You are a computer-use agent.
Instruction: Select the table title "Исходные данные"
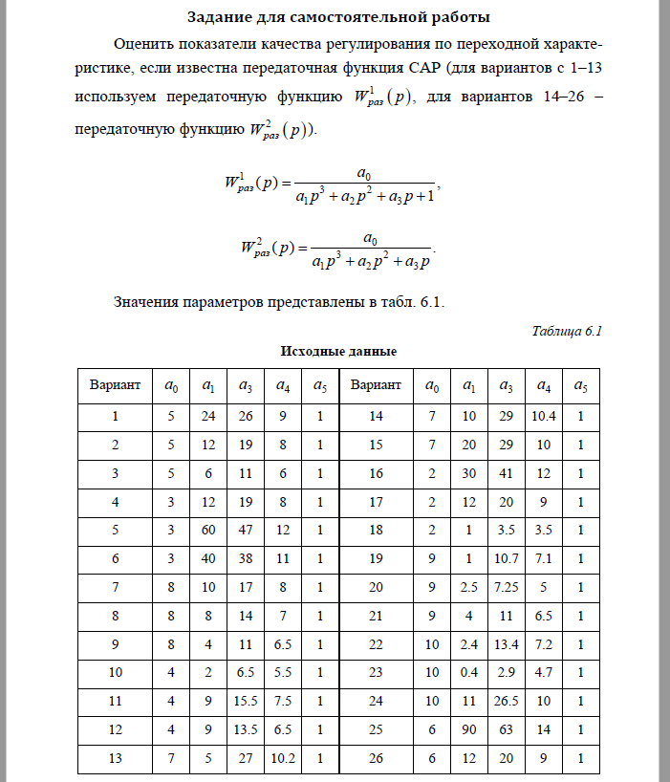pyautogui.click(x=338, y=352)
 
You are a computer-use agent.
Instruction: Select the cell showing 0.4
pyautogui.click(x=468, y=672)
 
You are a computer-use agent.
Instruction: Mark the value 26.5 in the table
pyautogui.click(x=505, y=701)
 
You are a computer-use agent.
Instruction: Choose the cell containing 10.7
pyautogui.click(x=505, y=558)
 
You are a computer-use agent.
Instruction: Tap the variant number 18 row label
pyautogui.click(x=377, y=530)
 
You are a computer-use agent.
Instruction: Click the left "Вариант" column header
pyautogui.click(x=116, y=385)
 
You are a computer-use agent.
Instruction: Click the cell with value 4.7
pyautogui.click(x=543, y=672)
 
